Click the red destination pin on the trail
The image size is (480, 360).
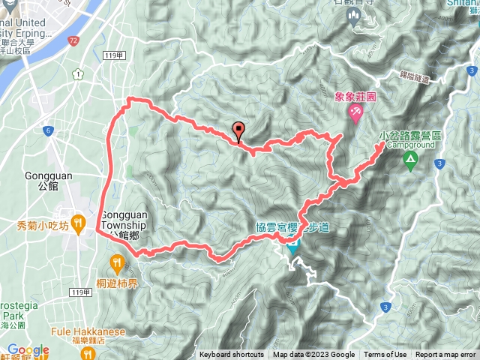(239, 130)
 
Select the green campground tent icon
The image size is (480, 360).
(410, 158)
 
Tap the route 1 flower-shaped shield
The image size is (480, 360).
(78, 73)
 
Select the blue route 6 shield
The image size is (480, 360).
(47, 130)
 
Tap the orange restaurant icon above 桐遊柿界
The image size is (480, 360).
(117, 262)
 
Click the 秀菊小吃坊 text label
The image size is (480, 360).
(43, 225)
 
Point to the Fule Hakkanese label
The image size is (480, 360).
(88, 331)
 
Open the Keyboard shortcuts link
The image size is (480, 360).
(232, 355)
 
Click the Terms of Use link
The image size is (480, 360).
(385, 355)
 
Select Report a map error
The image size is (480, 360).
(446, 355)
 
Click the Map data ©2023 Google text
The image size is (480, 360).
(313, 355)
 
